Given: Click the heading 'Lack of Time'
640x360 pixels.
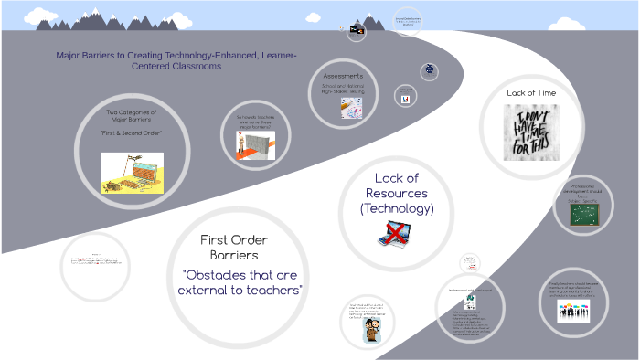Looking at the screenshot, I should (x=531, y=93).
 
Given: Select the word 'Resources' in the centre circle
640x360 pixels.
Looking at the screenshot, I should (x=397, y=193).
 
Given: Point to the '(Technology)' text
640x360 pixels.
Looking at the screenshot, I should (x=397, y=208).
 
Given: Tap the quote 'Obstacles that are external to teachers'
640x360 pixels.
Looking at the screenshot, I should (x=242, y=282).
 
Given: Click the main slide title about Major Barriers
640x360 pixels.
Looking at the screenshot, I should (x=176, y=60).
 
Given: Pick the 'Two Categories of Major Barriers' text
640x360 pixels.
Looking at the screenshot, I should (x=132, y=116).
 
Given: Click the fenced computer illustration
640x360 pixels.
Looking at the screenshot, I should (x=132, y=169).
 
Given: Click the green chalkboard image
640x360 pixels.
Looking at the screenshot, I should (x=584, y=215).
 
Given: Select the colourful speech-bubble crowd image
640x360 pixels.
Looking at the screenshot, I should (x=574, y=311).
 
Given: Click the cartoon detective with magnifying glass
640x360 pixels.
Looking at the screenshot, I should (x=373, y=332).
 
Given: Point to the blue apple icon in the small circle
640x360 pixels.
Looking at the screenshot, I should (x=430, y=71).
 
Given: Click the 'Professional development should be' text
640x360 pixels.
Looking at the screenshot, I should (x=584, y=189).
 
